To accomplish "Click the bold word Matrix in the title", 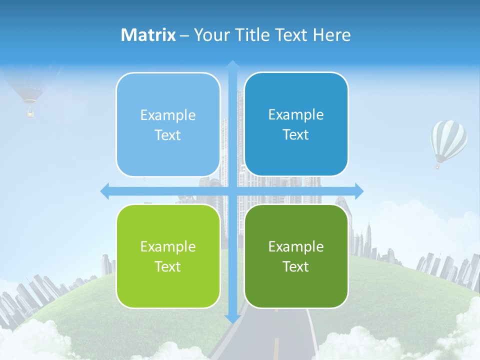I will tap(148, 35).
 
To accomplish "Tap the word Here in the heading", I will tap(332, 35).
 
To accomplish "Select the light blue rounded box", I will tap(168, 124).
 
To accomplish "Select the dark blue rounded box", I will tap(296, 124).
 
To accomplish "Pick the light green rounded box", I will tap(168, 256).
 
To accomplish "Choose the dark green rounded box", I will tap(296, 256).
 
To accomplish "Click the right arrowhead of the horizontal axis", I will tap(359, 191).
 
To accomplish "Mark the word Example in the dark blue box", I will tap(296, 115).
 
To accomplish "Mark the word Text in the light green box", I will tap(168, 266).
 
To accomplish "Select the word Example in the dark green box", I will tap(296, 247).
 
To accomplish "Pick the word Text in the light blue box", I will tap(168, 135).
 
